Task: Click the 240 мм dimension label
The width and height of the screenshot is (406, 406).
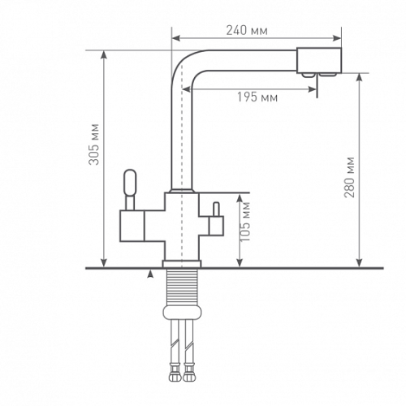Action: [247, 30]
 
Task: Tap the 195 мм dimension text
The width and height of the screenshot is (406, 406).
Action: [257, 97]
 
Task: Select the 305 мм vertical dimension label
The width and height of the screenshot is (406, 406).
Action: [94, 145]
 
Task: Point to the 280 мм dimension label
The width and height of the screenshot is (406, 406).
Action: [349, 177]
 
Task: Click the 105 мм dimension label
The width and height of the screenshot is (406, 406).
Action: [245, 222]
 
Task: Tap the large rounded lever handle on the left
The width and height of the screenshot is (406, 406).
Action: [130, 183]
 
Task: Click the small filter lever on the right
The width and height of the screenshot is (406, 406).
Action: [216, 209]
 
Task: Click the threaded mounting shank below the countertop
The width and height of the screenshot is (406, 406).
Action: [182, 287]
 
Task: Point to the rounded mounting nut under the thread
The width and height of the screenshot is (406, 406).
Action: [182, 313]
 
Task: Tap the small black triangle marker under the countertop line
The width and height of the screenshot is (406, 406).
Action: [151, 274]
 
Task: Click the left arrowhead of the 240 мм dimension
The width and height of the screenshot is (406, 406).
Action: [176, 38]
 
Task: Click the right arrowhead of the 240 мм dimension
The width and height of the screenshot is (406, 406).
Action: [337, 38]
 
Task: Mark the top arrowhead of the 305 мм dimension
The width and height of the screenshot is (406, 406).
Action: [104, 55]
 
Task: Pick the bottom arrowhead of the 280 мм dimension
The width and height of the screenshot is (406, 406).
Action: [359, 263]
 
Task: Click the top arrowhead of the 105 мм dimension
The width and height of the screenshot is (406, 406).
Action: [240, 198]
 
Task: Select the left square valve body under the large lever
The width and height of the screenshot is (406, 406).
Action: [132, 226]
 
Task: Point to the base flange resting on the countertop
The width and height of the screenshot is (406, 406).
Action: [182, 264]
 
